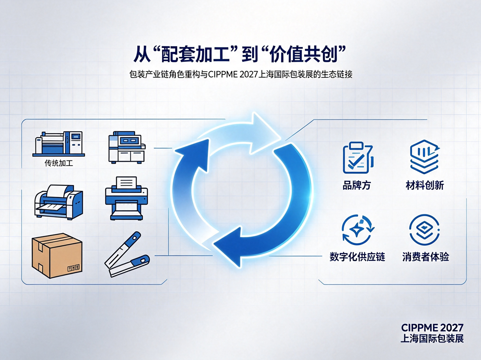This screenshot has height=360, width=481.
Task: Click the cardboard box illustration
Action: [57, 255]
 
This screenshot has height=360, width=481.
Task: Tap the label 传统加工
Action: [59, 163]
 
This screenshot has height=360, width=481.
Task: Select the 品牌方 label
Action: [356, 185]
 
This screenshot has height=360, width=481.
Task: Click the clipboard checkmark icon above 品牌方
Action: [358, 158]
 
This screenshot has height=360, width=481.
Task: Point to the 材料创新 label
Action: [425, 185]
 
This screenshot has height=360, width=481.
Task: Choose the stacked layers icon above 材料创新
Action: [425, 157]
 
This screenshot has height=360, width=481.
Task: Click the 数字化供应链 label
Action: [357, 257]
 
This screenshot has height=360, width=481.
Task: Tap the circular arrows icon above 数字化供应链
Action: [358, 230]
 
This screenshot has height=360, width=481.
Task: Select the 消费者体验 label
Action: [425, 257]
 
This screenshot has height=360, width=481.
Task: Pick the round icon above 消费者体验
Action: [424, 230]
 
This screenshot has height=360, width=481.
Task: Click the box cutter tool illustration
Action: [127, 254]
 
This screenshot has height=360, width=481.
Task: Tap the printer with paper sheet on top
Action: [127, 198]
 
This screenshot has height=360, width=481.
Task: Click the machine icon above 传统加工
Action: [59, 144]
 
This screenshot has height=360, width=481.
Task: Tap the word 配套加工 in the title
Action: [195, 56]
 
